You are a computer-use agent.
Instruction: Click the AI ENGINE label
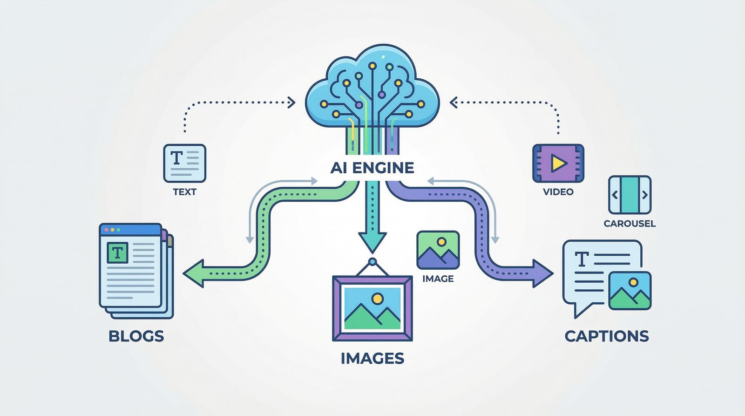click(x=372, y=168)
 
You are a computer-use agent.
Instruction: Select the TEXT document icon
click(x=184, y=163)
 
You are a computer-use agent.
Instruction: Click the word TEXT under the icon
click(x=184, y=192)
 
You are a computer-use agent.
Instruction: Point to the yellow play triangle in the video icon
click(x=558, y=163)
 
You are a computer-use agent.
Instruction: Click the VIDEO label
click(x=558, y=192)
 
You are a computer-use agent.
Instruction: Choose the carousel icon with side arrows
click(x=630, y=195)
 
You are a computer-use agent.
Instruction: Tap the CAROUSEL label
click(x=630, y=224)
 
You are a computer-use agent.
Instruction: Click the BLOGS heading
click(x=136, y=336)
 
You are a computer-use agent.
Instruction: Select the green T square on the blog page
click(x=117, y=253)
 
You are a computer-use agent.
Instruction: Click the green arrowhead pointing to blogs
click(x=194, y=273)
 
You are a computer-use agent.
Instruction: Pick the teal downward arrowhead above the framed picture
click(x=372, y=242)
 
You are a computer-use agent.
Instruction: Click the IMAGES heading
click(x=372, y=358)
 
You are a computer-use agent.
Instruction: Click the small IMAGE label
click(x=438, y=279)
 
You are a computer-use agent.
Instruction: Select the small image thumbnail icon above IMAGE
click(x=438, y=250)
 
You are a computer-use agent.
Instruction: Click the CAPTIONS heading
click(x=606, y=336)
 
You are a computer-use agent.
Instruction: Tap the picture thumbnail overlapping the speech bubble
click(x=630, y=290)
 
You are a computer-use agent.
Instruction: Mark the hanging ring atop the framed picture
click(x=372, y=262)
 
